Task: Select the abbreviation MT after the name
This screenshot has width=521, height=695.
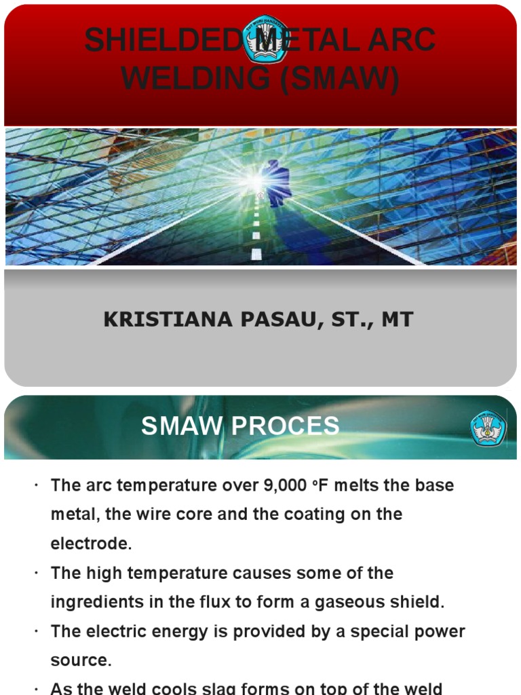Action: pos(398,320)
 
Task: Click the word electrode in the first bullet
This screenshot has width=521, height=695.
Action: pos(90,544)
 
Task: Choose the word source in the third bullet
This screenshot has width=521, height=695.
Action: pos(79,660)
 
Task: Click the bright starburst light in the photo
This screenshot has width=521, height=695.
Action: pos(255,181)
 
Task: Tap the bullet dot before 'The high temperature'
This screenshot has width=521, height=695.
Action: pos(35,574)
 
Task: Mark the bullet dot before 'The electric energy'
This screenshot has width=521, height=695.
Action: pos(35,633)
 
